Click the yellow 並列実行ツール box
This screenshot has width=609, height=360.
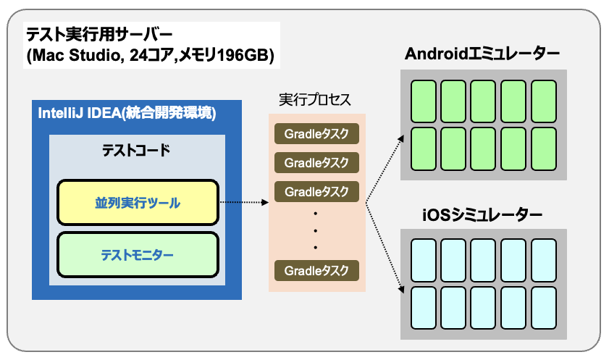coord(138,202)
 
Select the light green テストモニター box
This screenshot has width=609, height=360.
coord(138,255)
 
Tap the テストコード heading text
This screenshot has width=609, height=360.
coord(136,150)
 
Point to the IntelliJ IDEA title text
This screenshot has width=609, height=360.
coord(127,113)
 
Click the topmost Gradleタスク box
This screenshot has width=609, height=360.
coord(316,133)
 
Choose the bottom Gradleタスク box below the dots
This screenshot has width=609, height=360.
coord(316,270)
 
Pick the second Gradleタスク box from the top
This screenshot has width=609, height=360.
coord(316,162)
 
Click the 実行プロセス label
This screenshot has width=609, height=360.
coord(315,100)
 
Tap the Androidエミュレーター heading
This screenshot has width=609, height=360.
coord(482,54)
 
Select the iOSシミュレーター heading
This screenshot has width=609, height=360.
coord(482,214)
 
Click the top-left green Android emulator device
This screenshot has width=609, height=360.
coord(424,101)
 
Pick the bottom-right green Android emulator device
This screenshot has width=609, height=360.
coord(544,149)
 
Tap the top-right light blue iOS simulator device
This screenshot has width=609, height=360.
coord(544,260)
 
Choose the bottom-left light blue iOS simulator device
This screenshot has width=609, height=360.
coord(424,308)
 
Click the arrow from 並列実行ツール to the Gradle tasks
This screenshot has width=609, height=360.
coord(244,202)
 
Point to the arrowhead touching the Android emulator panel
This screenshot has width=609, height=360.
coord(401,138)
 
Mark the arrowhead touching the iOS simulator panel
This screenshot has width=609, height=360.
coord(402,289)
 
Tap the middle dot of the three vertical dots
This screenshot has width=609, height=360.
coord(316,230)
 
